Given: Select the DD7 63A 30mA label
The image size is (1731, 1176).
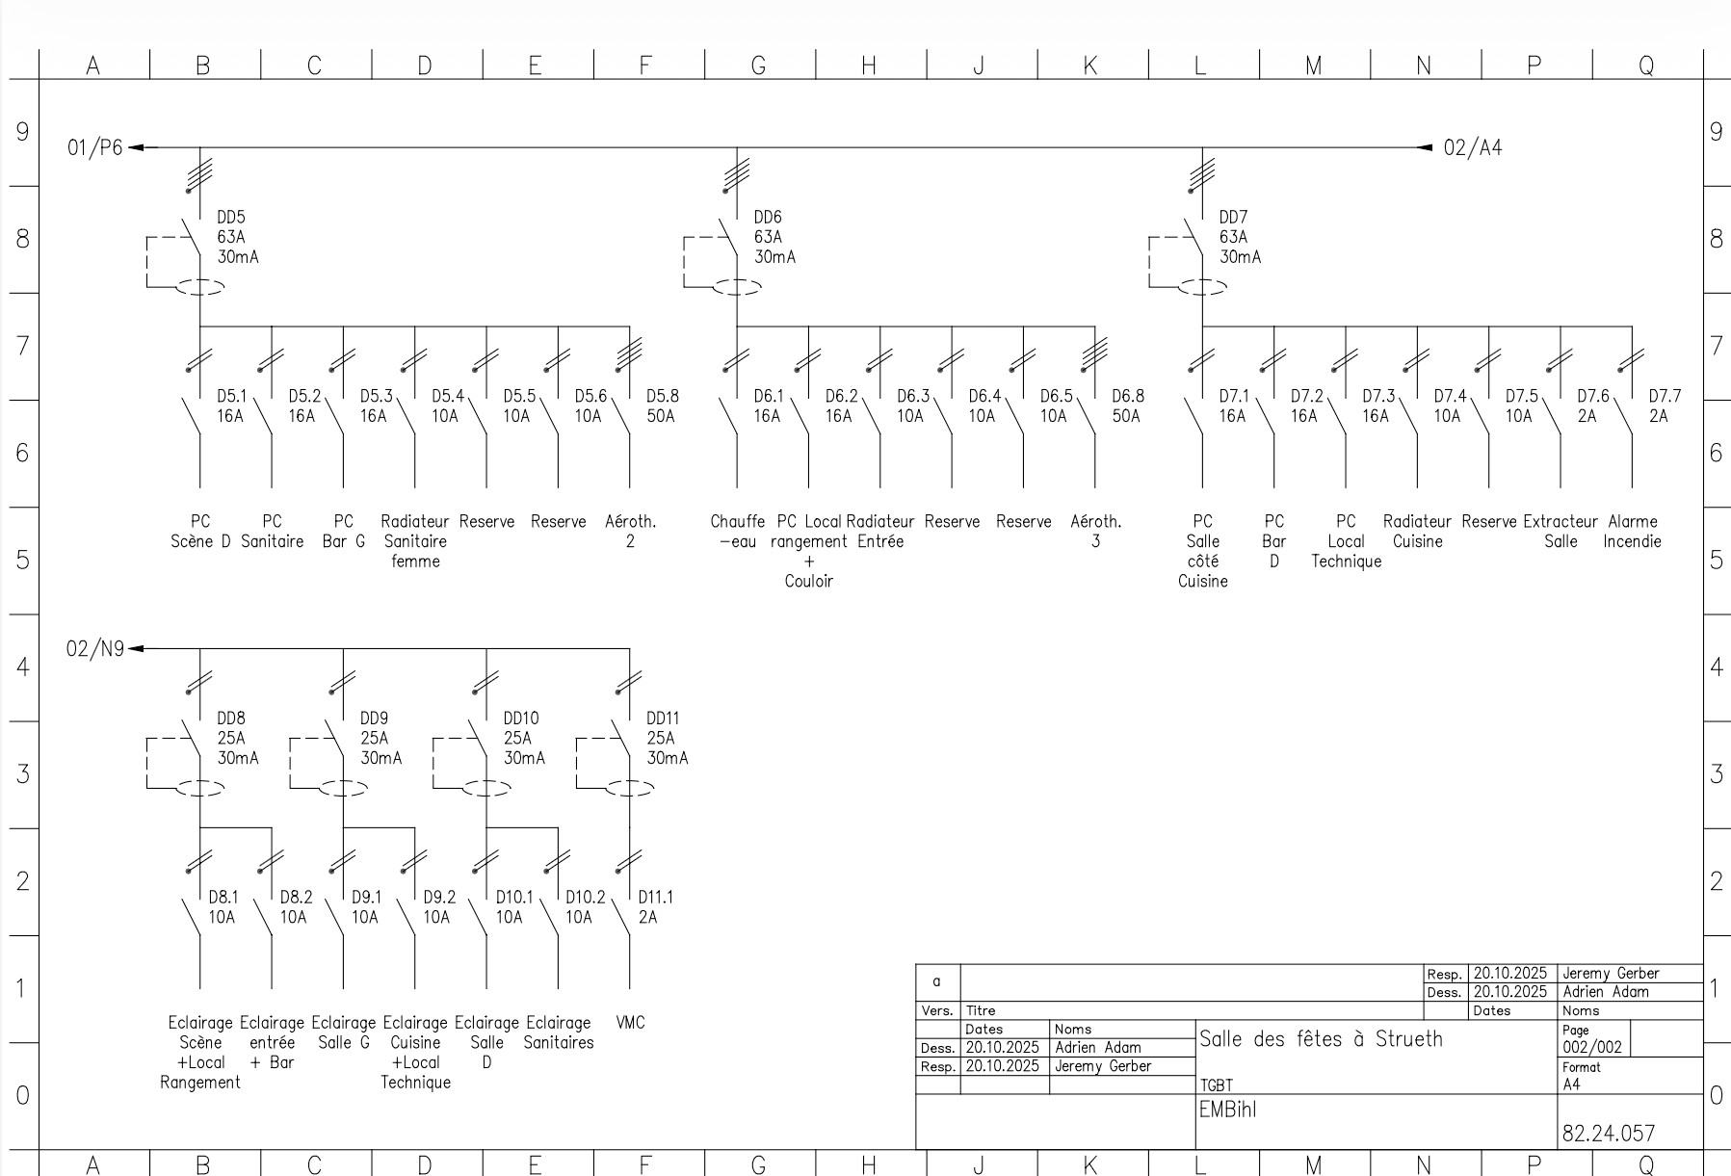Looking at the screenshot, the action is (1240, 237).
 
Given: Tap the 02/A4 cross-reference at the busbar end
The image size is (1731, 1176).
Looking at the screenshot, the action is (1472, 148).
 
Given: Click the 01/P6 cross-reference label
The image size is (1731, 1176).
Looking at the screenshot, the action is (94, 148).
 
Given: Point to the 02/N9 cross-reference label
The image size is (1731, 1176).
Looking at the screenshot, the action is (94, 649).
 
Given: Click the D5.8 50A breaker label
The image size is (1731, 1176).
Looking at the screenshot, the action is (662, 405).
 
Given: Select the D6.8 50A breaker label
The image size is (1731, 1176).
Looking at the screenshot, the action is (1128, 405).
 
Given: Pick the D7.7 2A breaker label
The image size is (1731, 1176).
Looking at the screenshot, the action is (1665, 405).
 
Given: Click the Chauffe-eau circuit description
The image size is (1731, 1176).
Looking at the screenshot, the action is (738, 531).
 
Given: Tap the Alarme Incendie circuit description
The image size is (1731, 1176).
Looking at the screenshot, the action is (1633, 531).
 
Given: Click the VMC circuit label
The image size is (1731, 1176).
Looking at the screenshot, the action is (630, 1023).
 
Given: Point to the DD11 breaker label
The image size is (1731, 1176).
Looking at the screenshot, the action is (663, 719).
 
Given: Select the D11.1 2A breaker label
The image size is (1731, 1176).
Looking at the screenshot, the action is (655, 907).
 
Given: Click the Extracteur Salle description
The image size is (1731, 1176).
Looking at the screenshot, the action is (1561, 531).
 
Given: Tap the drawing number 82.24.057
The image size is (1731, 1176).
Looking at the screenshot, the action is (1609, 1134).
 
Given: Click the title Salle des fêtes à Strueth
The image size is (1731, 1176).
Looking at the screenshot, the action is (1321, 1038).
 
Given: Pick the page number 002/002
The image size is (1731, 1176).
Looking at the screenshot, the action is (1592, 1047).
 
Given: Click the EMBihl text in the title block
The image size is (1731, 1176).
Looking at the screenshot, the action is (1227, 1110).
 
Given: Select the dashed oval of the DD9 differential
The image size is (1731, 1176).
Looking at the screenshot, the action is (343, 788).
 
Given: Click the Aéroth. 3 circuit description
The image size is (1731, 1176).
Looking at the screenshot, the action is (1096, 531).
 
